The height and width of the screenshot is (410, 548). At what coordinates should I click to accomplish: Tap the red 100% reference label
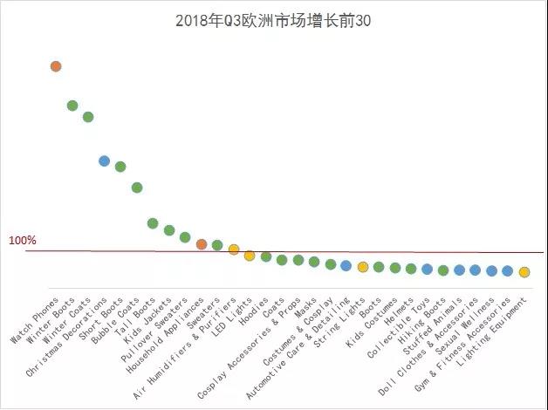[23, 240]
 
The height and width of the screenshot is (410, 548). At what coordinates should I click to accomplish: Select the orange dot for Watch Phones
[56, 66]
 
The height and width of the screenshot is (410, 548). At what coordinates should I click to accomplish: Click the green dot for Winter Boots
[72, 106]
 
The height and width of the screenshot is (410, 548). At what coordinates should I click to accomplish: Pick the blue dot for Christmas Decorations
[105, 161]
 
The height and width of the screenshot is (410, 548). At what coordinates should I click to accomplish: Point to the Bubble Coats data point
[137, 188]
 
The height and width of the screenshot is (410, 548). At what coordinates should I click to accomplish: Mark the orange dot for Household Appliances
[202, 244]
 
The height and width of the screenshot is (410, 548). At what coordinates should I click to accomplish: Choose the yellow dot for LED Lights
[250, 256]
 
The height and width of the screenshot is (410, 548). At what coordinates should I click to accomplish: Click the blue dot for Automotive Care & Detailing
[346, 265]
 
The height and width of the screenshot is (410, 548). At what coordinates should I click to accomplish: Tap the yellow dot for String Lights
[362, 267]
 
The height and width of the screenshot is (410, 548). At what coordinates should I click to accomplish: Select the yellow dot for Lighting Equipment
[524, 272]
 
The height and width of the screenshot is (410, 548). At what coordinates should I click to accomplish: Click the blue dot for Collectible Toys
[427, 270]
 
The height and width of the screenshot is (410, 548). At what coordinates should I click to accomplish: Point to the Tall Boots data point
[153, 223]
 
